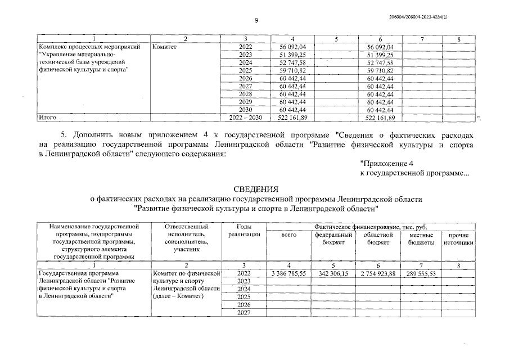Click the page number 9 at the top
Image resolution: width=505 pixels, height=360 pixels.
point(256,21)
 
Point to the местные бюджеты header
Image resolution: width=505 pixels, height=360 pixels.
point(421,238)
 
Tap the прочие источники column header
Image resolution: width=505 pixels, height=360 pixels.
point(458,238)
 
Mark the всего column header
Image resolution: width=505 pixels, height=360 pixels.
point(288,235)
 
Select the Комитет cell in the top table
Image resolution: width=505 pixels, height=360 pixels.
point(164,47)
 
